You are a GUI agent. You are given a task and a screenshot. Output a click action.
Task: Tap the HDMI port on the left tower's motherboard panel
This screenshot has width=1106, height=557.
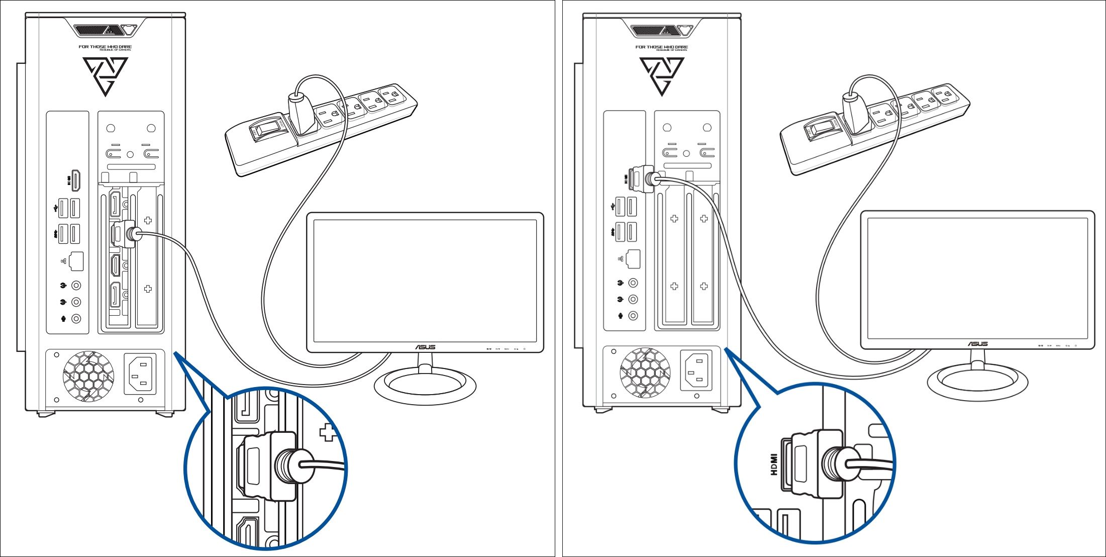pos(76,180)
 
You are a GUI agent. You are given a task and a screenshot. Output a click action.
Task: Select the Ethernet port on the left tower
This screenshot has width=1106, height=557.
pos(76,261)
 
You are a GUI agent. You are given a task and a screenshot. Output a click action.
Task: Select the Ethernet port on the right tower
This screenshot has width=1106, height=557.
pos(633,258)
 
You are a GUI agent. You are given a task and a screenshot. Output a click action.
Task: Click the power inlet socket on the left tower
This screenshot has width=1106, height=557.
pos(140,374)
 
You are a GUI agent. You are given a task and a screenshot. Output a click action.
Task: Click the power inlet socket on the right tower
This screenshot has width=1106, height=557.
pos(696,370)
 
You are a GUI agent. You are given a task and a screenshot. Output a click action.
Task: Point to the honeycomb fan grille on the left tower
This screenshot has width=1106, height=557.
pos(88,376)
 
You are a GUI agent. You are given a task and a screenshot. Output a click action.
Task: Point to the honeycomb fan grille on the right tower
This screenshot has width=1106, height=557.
pos(645,373)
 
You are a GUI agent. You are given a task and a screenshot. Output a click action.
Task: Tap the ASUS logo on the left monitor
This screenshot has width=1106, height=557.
pos(425,347)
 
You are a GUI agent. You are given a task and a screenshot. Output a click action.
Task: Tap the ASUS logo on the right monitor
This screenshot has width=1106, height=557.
pos(978,344)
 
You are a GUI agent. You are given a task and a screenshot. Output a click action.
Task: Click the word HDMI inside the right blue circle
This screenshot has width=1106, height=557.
pos(774,465)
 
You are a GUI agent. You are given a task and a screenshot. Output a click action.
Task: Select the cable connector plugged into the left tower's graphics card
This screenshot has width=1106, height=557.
pos(125,234)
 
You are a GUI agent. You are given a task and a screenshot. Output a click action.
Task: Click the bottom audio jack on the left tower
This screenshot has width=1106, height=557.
pos(76,319)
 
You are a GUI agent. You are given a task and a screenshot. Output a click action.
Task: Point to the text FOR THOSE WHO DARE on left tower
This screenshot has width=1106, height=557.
pos(105,47)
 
